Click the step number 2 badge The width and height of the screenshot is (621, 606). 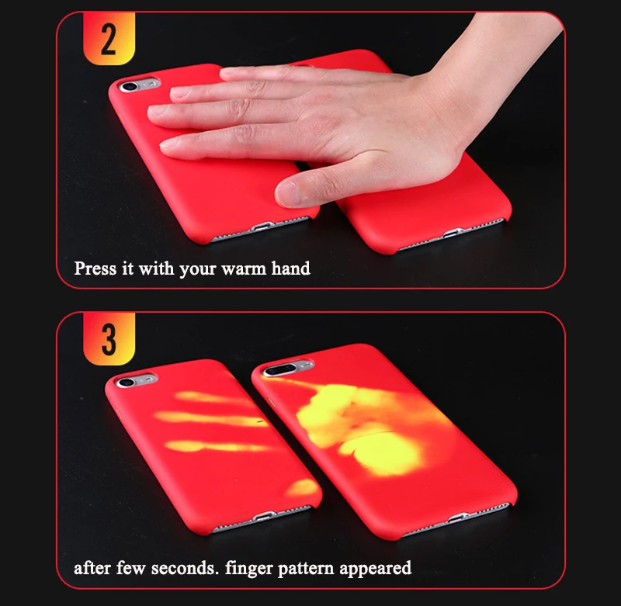pyautogui.click(x=109, y=38)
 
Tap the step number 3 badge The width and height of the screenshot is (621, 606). pyautogui.click(x=109, y=338)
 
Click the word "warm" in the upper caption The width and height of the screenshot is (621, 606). pyautogui.click(x=244, y=269)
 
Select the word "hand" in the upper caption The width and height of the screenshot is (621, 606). pyautogui.click(x=290, y=268)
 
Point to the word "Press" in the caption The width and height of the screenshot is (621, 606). pyautogui.click(x=95, y=268)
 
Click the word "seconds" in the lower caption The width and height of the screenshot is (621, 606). pyautogui.click(x=185, y=569)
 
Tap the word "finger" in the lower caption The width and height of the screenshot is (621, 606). pyautogui.click(x=249, y=570)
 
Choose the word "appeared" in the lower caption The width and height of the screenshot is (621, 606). pyautogui.click(x=375, y=570)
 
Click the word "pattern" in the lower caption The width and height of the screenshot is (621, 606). pyautogui.click(x=306, y=570)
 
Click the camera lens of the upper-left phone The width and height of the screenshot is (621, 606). pyautogui.click(x=129, y=86)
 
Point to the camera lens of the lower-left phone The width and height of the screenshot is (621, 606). pyautogui.click(x=126, y=382)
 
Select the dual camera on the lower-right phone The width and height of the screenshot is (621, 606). pyautogui.click(x=280, y=369)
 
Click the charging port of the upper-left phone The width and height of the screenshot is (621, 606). pyautogui.click(x=261, y=227)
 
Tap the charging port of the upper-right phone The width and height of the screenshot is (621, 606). pyautogui.click(x=452, y=233)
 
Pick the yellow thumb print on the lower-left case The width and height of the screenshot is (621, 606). pyautogui.click(x=302, y=487)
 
